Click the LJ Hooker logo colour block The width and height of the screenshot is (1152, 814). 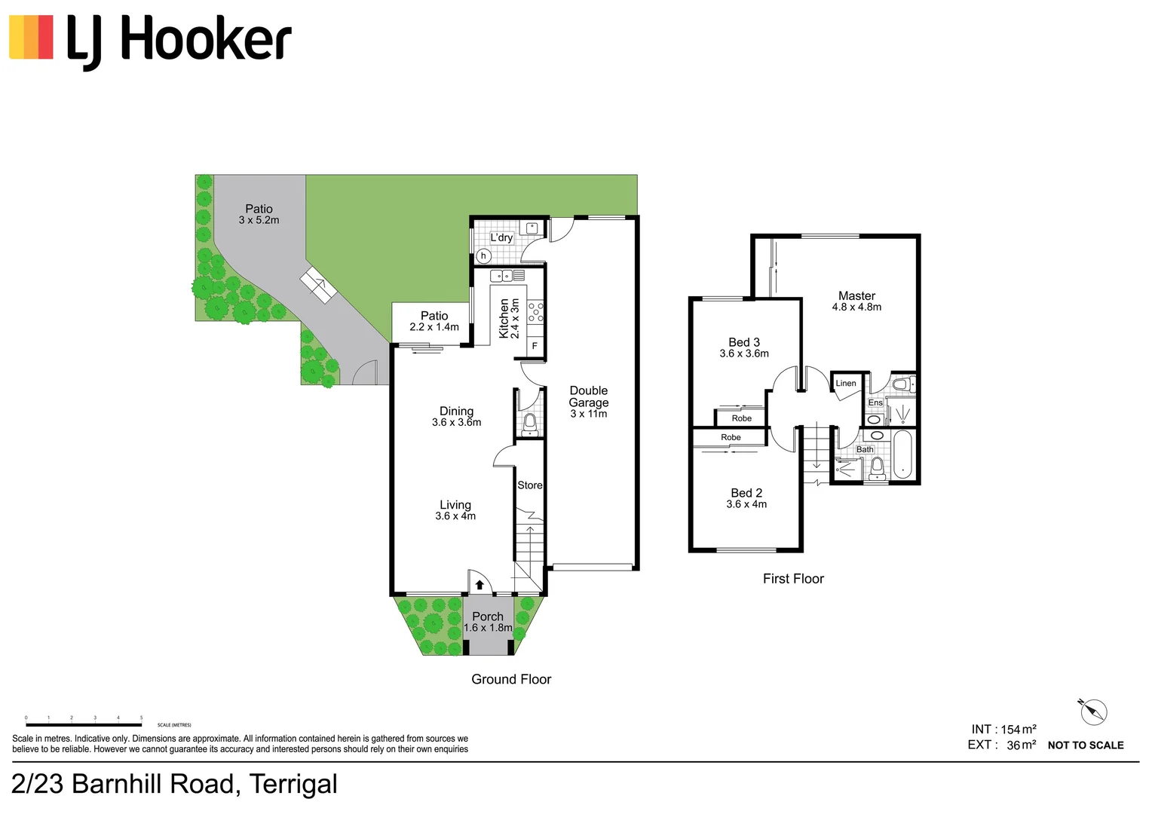click(31, 37)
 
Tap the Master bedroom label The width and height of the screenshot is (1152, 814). click(856, 296)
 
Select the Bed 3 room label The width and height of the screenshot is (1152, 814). click(743, 342)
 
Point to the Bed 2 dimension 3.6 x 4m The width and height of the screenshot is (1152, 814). click(746, 504)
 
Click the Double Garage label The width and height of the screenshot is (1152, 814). click(588, 396)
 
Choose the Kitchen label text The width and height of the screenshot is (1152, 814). click(504, 318)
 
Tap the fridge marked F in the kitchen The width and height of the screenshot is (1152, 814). click(535, 346)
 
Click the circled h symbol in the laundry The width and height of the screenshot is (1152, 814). click(483, 256)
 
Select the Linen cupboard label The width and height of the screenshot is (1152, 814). click(846, 384)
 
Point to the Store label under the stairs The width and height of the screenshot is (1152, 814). click(529, 485)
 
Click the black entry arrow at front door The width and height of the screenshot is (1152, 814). click(479, 584)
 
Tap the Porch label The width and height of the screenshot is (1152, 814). click(487, 617)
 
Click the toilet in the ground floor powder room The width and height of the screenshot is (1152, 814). click(530, 423)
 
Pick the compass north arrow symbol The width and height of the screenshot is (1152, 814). click(1092, 711)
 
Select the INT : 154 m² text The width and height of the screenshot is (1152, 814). click(1003, 729)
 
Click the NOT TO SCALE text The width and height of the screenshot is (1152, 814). click(1085, 745)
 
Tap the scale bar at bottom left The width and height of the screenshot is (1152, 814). click(83, 724)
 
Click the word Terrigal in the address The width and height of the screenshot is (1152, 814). click(293, 785)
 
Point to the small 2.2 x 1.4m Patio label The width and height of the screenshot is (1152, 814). click(434, 327)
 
